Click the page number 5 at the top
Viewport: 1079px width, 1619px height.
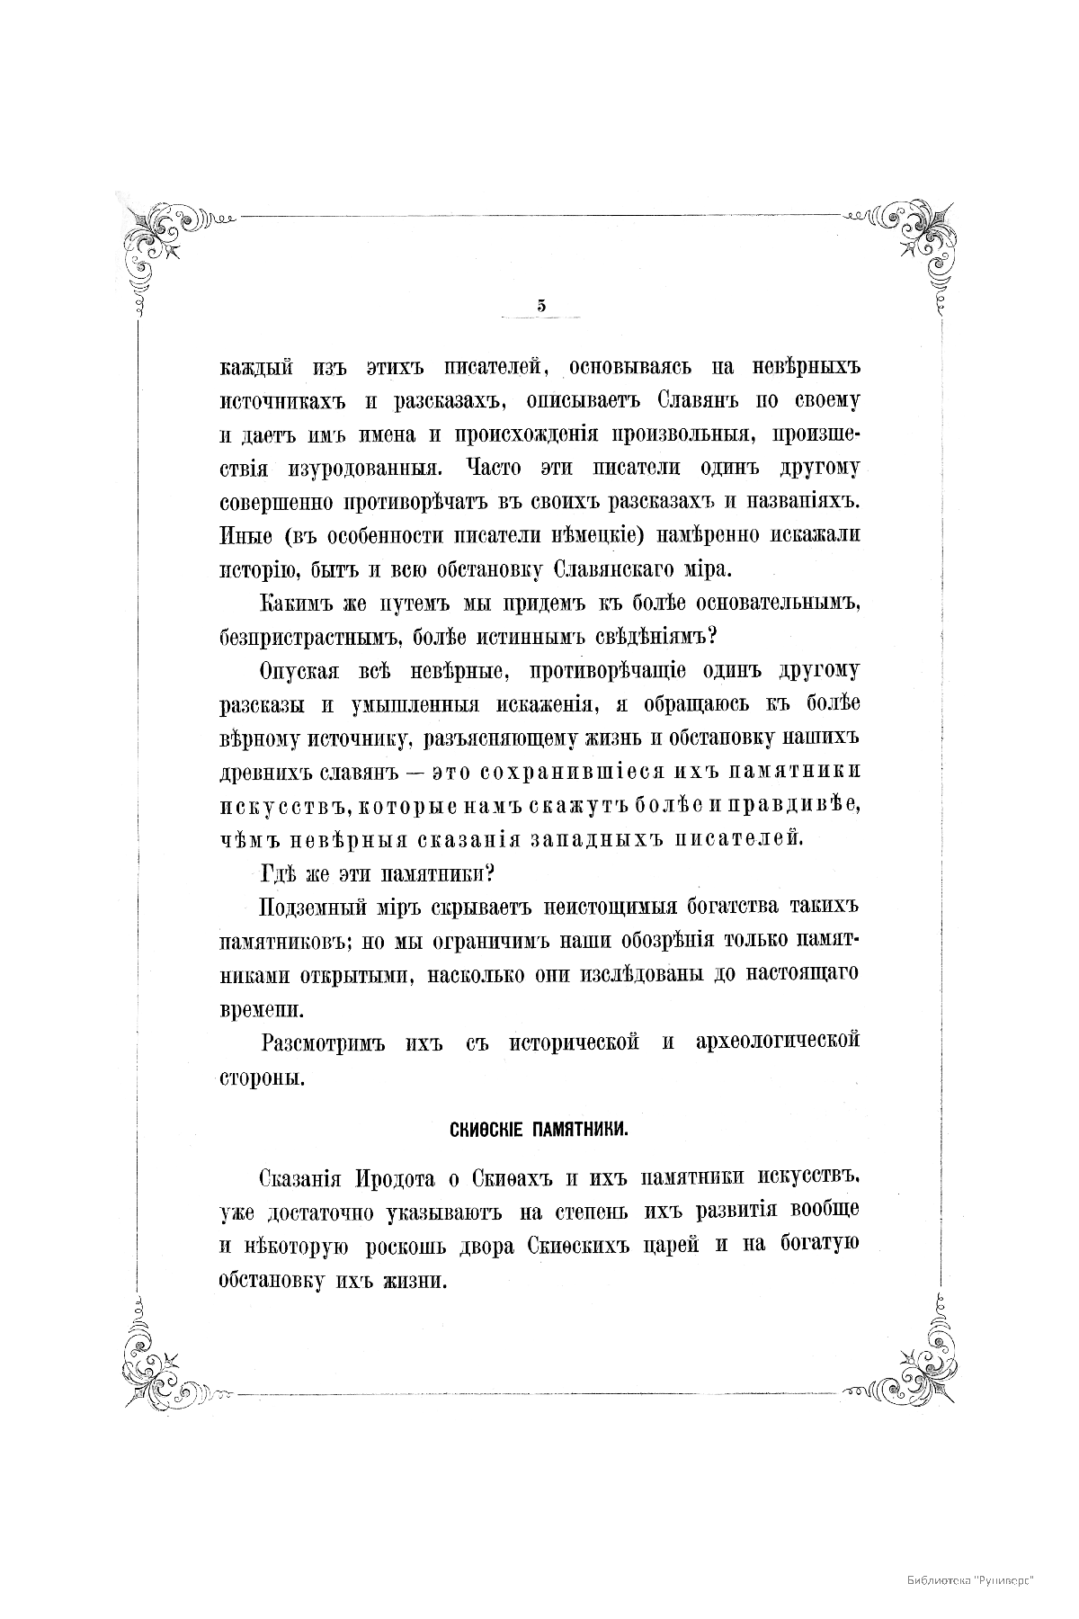pyautogui.click(x=541, y=306)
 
